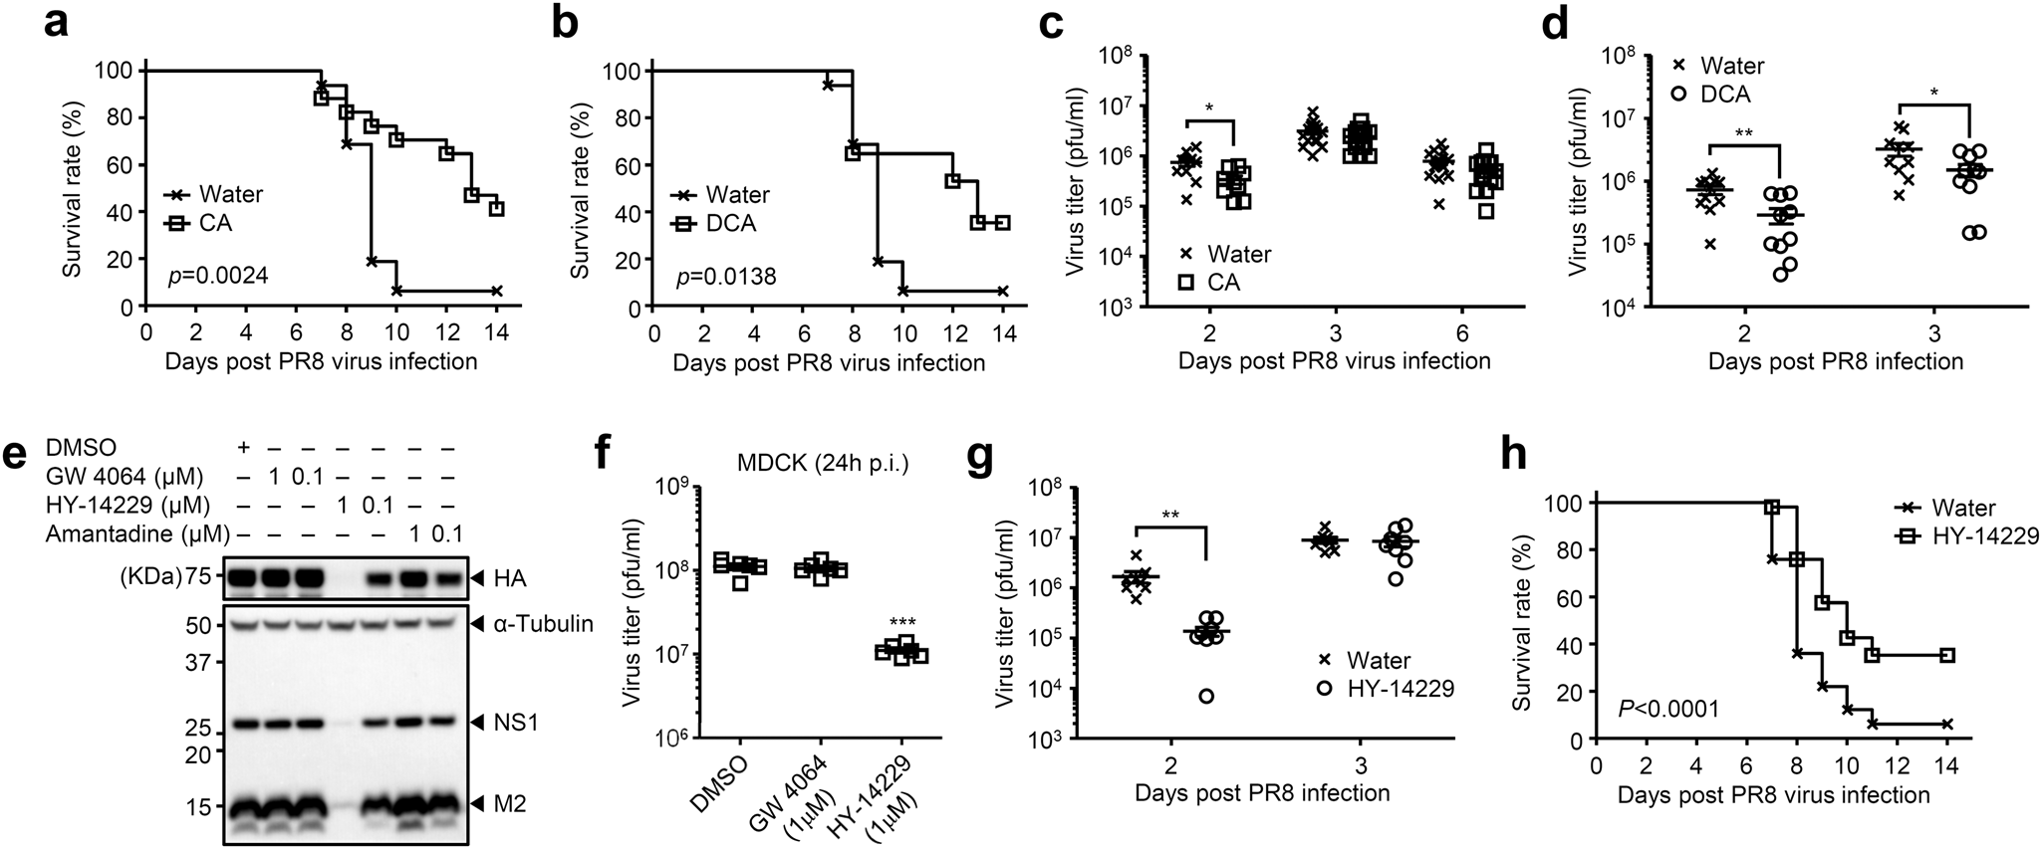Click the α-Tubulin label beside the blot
point(547,625)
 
